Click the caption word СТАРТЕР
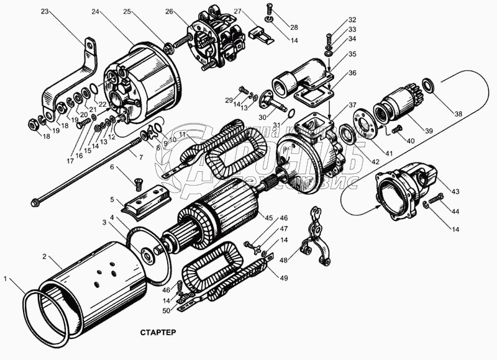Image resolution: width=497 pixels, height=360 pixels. (154, 332)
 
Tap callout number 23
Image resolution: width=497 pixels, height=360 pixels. (44, 11)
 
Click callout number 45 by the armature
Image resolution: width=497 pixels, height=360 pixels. (268, 217)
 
